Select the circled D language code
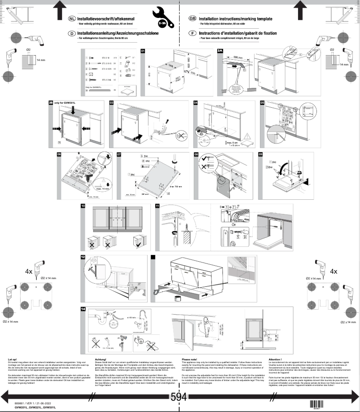71,33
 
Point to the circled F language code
193,33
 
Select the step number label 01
143,51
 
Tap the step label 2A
220,51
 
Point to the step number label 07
119,154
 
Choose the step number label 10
83,206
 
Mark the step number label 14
83,309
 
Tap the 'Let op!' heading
13,359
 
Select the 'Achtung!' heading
100,359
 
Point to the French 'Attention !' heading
275,359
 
